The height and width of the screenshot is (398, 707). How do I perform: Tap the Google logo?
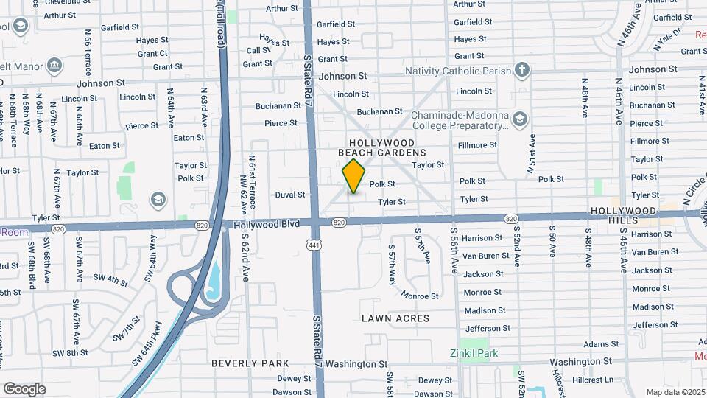24,389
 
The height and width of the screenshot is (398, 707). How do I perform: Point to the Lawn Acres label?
395,318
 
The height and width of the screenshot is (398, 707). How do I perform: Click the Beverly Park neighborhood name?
250,363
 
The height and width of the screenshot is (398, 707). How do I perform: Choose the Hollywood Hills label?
623,212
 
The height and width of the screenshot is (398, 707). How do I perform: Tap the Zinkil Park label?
474,353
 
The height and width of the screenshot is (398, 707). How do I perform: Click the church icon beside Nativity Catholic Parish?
522,71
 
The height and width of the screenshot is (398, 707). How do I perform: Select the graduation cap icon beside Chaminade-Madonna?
520,119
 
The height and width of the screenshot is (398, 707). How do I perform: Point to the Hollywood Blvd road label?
267,223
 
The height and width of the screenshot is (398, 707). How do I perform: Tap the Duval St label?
290,195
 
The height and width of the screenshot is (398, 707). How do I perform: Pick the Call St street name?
258,51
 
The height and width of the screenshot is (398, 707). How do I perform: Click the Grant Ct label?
152,53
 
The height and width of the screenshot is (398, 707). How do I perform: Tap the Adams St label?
601,344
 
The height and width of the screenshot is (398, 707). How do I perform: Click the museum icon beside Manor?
54,66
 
